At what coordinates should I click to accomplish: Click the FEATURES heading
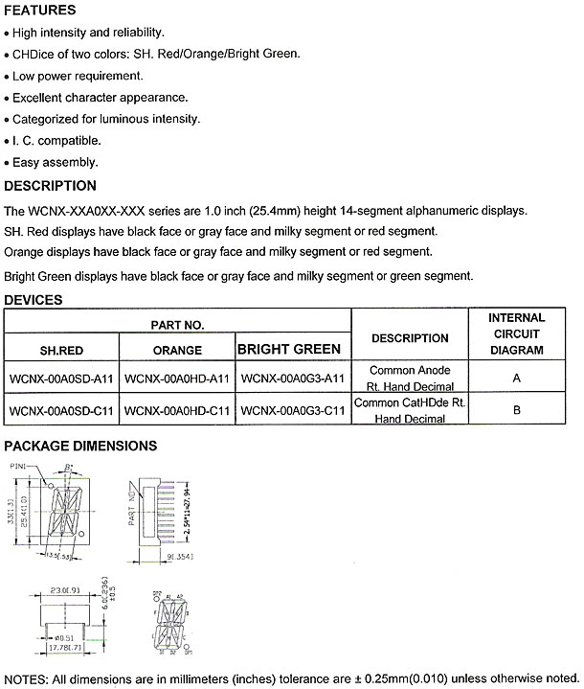pos(40,11)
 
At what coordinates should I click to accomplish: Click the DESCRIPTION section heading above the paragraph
pos(51,186)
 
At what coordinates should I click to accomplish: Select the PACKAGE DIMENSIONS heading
pos(81,446)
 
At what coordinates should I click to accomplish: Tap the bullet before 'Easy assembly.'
pos(7,163)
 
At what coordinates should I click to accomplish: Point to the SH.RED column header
pos(62,350)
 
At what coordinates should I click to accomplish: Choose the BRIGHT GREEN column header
pos(289,349)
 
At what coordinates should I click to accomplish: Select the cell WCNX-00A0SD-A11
pos(62,378)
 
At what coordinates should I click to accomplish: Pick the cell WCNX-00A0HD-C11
pos(177,410)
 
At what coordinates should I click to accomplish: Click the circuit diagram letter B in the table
pos(517,410)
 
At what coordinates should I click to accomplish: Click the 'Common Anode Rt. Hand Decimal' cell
pos(410,378)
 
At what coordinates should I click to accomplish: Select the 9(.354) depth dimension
pos(182,556)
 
